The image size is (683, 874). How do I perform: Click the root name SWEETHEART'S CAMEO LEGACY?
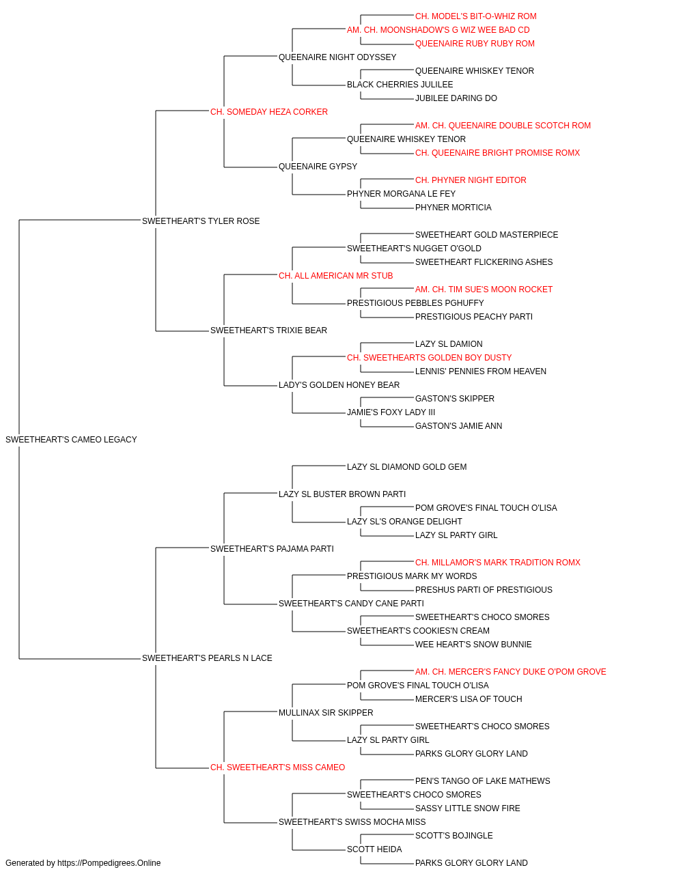pyautogui.click(x=71, y=440)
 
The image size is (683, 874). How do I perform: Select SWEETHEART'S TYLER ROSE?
pyautogui.click(x=201, y=221)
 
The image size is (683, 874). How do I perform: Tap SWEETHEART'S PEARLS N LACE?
pyautogui.click(x=207, y=658)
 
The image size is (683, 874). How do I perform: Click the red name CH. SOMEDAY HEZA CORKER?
pyautogui.click(x=268, y=112)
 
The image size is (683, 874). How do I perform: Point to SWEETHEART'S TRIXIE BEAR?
pyautogui.click(x=268, y=330)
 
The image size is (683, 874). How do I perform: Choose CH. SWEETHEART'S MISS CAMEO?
pyautogui.click(x=277, y=767)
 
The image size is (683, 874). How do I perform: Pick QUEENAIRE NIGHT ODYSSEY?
pyautogui.click(x=337, y=57)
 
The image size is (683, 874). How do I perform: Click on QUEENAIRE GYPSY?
pyautogui.click(x=318, y=167)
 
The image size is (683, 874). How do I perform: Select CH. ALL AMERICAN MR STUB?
pyautogui.click(x=335, y=276)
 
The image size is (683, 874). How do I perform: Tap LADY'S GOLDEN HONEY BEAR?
pyautogui.click(x=339, y=385)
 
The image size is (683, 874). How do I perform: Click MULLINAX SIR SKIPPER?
pyautogui.click(x=326, y=713)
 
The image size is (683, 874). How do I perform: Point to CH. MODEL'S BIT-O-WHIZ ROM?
pyautogui.click(x=475, y=16)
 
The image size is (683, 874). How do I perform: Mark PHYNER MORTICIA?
pyautogui.click(x=453, y=208)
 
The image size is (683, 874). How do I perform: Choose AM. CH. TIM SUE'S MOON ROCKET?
pyautogui.click(x=484, y=290)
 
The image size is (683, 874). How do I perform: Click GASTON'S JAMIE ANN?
pyautogui.click(x=458, y=426)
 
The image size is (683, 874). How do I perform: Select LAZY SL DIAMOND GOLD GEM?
pyautogui.click(x=406, y=467)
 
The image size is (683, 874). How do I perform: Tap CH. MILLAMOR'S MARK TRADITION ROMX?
pyautogui.click(x=498, y=563)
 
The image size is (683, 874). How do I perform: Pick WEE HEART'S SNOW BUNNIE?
pyautogui.click(x=473, y=645)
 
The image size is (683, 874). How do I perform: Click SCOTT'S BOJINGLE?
pyautogui.click(x=454, y=836)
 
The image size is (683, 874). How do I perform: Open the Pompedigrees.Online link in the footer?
pyautogui.click(x=109, y=863)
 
